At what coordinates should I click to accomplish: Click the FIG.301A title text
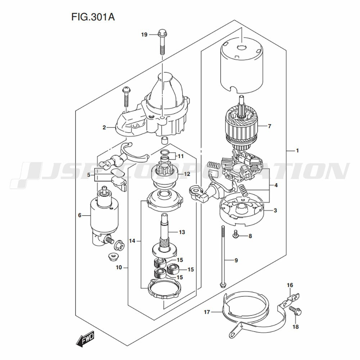tap(93, 17)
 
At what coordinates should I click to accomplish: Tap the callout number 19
tap(144, 35)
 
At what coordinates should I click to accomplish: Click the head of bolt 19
tap(162, 33)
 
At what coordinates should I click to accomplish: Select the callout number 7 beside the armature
tap(270, 126)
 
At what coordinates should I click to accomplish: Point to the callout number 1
tap(297, 150)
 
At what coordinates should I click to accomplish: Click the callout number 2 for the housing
tap(104, 127)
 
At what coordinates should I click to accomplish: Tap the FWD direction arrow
tap(85, 338)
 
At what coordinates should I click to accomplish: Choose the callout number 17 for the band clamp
tap(207, 312)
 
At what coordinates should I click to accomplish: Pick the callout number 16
tap(290, 285)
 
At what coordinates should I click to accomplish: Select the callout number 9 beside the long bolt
tap(236, 260)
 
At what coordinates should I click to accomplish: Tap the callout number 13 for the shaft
tap(182, 232)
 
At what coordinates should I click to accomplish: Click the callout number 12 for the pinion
tap(187, 174)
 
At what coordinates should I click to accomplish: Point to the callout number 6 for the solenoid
tap(80, 215)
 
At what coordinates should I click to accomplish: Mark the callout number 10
tap(119, 267)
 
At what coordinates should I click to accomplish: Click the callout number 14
tap(132, 241)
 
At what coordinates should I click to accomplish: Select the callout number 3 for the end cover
tap(275, 210)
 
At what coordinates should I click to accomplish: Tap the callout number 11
tap(181, 156)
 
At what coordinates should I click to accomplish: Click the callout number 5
tap(89, 175)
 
